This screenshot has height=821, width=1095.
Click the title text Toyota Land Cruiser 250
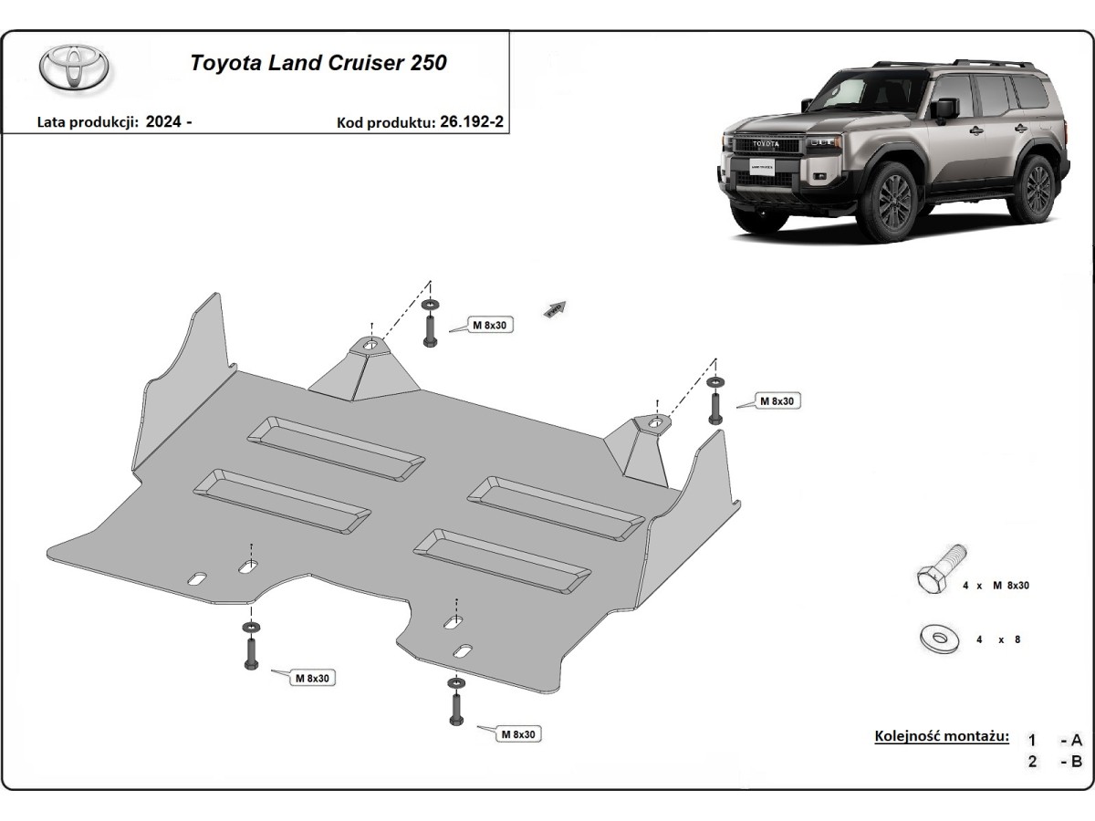click(x=318, y=64)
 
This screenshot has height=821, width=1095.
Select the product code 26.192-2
click(x=471, y=122)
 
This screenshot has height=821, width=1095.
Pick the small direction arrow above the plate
click(x=556, y=309)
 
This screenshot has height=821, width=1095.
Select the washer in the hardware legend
click(x=937, y=639)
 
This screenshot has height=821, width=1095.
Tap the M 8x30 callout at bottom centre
click(x=518, y=733)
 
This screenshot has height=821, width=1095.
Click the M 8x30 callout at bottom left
click(x=313, y=678)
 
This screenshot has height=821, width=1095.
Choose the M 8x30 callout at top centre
click(x=490, y=325)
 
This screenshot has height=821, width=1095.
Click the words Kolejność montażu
click(x=942, y=736)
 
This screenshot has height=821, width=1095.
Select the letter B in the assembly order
click(x=1077, y=762)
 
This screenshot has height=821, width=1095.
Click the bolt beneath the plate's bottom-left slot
click(x=250, y=649)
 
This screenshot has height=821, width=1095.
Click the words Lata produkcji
click(x=87, y=122)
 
